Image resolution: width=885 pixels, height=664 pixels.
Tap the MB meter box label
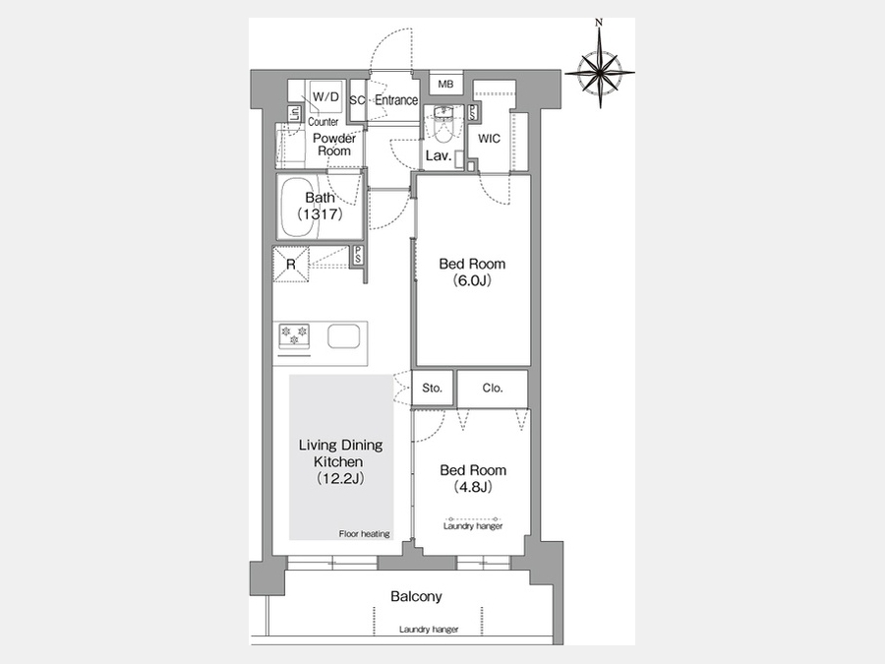(445, 85)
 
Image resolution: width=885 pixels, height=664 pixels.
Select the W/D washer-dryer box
(325, 96)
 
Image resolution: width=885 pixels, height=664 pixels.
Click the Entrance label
(396, 100)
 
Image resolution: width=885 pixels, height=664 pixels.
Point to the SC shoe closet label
(357, 100)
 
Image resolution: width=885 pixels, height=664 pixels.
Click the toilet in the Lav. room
(443, 125)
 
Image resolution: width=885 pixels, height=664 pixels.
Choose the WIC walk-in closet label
(490, 139)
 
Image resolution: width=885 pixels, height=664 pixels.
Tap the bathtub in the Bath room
(300, 207)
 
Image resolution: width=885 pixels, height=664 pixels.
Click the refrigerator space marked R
(291, 265)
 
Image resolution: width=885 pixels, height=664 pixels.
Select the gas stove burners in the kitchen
(294, 334)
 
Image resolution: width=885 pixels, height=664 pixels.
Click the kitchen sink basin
(344, 336)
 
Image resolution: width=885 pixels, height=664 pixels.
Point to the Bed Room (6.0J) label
(472, 272)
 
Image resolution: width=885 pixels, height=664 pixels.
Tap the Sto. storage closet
(433, 388)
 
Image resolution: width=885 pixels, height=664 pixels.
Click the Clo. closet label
(493, 388)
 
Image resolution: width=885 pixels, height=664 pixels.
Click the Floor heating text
(365, 533)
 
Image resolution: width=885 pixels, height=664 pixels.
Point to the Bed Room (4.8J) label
(473, 478)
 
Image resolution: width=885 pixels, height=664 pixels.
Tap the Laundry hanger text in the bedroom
(473, 526)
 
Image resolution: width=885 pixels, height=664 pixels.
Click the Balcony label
(417, 596)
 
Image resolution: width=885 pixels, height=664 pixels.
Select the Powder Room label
(334, 145)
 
